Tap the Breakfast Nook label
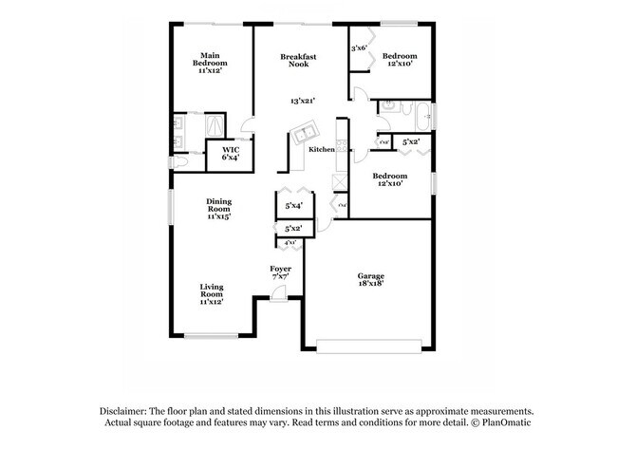[x=297, y=62]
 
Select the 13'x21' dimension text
[x=303, y=101]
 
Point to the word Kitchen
[x=320, y=150]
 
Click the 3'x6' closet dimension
[x=360, y=48]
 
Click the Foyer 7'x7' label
[x=280, y=272]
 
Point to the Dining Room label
[x=219, y=209]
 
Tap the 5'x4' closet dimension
[x=293, y=205]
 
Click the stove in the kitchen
[x=338, y=180]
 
